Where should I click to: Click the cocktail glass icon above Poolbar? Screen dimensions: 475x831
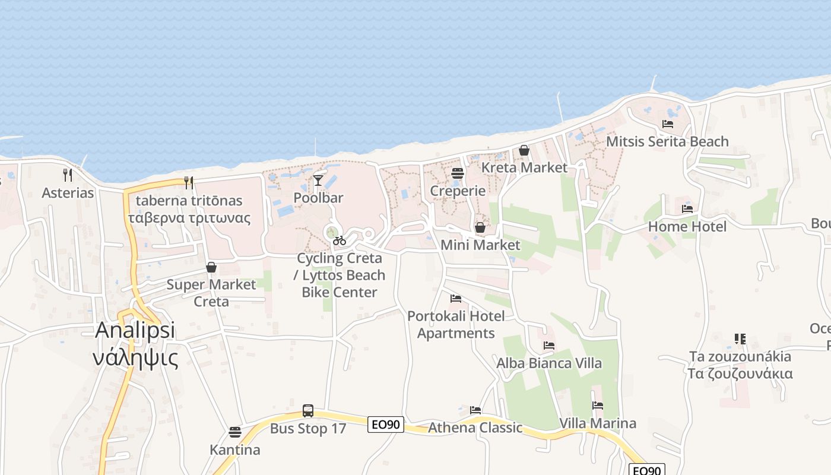319,179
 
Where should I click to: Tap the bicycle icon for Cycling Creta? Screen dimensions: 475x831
340,240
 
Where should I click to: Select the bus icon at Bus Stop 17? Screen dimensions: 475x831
308,410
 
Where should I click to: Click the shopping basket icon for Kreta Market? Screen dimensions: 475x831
524,150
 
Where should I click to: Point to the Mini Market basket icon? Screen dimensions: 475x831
480,227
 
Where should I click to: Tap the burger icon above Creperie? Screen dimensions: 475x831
457,173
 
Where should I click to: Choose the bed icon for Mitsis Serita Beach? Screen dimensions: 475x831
668,124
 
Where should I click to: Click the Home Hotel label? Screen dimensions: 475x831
687,226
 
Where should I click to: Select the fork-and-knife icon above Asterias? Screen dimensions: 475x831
68,175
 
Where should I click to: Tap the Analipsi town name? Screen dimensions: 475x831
135,330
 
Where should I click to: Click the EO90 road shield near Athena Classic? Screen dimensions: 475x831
386,425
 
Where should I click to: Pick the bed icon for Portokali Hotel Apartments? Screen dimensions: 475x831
456,299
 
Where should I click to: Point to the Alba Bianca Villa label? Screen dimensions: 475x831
549,363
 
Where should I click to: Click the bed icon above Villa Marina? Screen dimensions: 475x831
598,406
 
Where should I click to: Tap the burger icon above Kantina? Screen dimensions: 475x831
235,432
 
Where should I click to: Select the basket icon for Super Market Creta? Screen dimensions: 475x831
211,267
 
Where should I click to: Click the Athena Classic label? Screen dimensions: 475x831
475,427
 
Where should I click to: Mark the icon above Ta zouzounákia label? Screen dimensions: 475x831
740,339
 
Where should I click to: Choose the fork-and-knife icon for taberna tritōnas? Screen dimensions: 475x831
189,182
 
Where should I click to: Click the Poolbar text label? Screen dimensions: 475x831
319,198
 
